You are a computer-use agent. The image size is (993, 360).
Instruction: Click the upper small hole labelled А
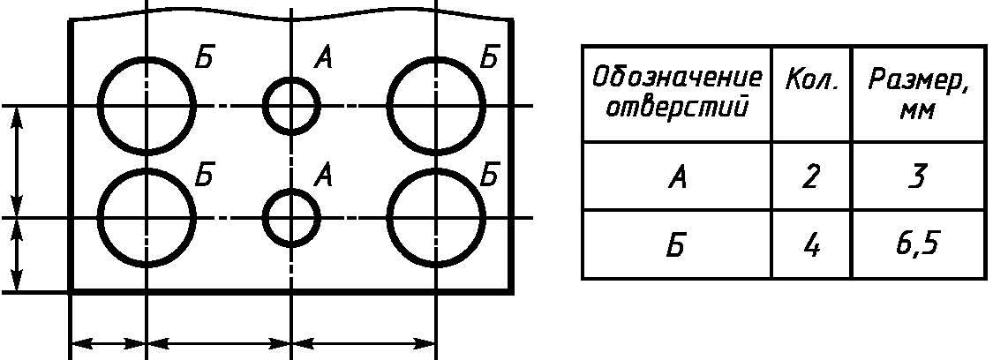290,106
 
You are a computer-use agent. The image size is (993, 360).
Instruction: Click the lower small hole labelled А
290,217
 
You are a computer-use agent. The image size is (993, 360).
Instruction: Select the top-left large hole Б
147,106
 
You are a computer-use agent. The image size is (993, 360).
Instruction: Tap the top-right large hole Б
436,106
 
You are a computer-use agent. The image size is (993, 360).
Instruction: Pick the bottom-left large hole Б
147,217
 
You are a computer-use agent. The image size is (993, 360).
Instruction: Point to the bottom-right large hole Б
436,217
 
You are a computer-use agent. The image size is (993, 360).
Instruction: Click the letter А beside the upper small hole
324,60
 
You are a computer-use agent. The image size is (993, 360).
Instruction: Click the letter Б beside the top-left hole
204,60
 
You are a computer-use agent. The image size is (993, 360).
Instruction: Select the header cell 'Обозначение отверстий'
676,93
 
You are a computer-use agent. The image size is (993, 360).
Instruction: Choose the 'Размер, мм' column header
918,93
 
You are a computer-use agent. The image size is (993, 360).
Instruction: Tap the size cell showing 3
918,177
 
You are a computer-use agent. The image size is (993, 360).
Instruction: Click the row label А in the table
676,177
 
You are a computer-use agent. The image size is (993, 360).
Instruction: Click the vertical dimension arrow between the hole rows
20,161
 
